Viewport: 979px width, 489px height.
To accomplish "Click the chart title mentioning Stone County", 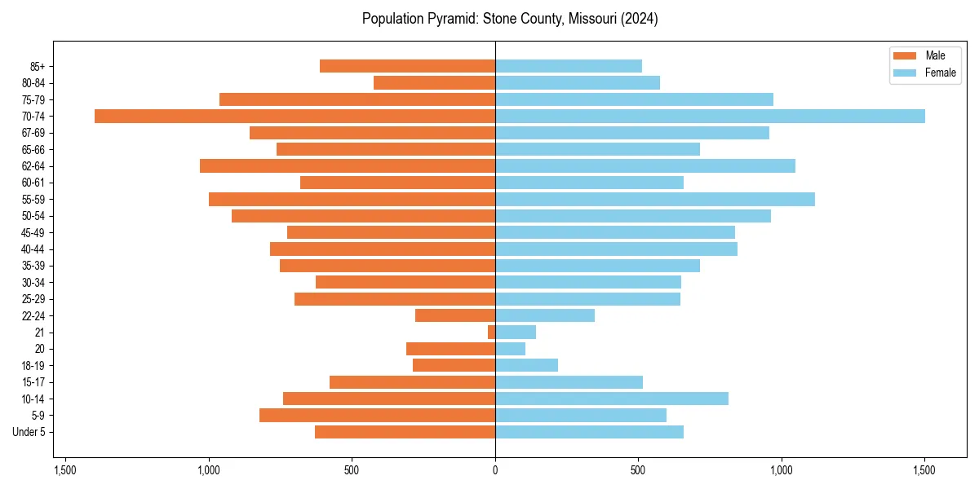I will click(510, 19).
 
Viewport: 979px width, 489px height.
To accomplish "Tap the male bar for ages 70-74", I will click(295, 116).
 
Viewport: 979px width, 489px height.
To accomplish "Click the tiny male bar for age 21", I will click(491, 332).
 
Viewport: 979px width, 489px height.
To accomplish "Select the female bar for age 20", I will click(510, 349).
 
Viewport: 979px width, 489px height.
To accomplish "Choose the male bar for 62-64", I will click(348, 165).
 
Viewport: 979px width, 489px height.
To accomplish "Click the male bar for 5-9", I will click(377, 415).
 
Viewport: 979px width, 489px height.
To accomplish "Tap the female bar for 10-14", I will click(611, 399).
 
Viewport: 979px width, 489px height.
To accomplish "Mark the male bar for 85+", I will click(407, 66).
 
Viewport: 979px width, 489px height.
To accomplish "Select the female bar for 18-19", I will click(526, 365).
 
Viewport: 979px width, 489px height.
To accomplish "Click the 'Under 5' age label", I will click(29, 432).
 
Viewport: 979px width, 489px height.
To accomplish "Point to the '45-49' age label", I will click(33, 232).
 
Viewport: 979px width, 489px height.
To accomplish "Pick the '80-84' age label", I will click(33, 82).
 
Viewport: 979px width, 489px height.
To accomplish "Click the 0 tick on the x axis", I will click(495, 470).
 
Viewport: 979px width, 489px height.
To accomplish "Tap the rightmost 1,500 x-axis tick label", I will click(924, 470).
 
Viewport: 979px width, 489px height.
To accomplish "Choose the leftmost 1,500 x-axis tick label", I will click(65, 470).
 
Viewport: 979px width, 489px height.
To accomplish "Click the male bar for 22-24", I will click(455, 315).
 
